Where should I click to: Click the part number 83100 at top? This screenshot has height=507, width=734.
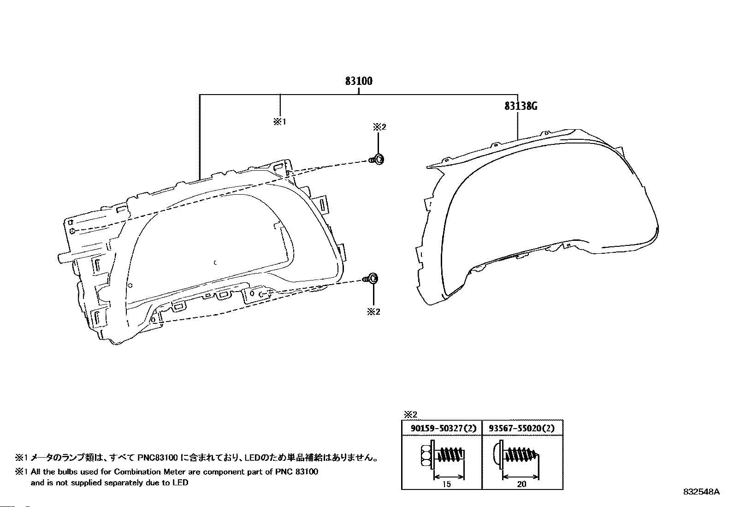tap(359, 81)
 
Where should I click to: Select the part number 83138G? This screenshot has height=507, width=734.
tap(521, 106)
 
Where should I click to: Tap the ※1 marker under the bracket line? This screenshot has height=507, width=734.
tap(280, 122)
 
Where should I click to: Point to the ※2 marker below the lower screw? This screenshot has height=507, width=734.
tap(373, 312)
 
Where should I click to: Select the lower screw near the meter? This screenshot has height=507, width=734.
tap(371, 279)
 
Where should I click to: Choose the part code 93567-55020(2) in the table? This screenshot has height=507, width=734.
tap(522, 428)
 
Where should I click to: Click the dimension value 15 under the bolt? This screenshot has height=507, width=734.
tap(446, 484)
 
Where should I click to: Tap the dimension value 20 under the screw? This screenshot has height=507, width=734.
tap(521, 484)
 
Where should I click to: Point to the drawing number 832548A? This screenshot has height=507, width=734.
tap(701, 492)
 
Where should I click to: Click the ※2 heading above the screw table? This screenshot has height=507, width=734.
tap(410, 414)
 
